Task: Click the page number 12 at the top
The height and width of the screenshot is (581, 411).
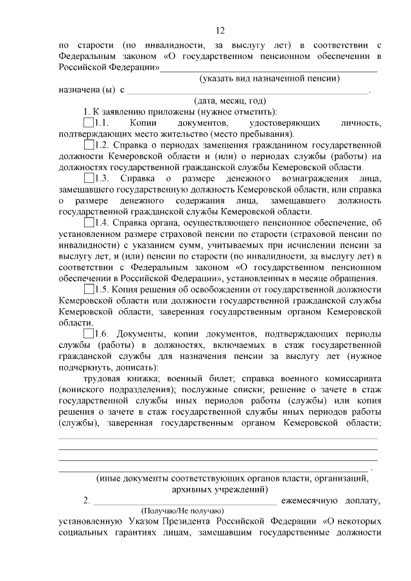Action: (x=220, y=30)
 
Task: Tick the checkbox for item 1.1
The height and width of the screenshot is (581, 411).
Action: (x=89, y=122)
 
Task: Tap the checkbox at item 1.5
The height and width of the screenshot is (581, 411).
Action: (x=89, y=289)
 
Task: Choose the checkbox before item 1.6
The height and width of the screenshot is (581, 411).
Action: (x=89, y=334)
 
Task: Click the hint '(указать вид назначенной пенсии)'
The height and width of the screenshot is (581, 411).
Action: (x=269, y=78)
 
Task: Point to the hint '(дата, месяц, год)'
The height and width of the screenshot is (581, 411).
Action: (x=230, y=100)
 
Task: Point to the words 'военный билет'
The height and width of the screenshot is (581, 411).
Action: (x=193, y=379)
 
